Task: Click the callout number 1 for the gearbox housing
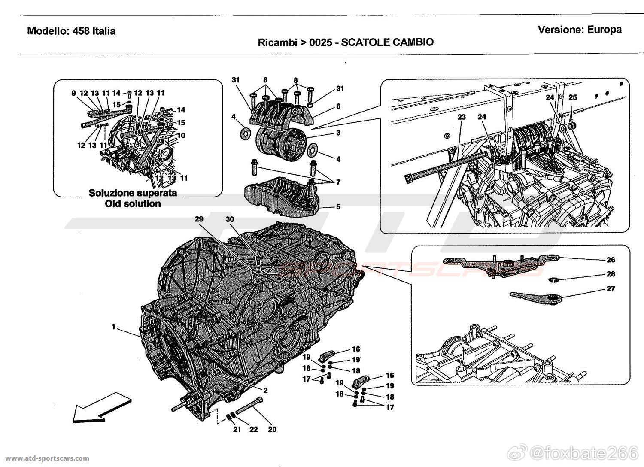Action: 114,327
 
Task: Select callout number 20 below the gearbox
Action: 273,429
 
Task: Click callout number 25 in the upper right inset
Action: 573,97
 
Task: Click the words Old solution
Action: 133,204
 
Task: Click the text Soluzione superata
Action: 133,193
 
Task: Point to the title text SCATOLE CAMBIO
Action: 387,42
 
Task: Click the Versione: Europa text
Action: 580,30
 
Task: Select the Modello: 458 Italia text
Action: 71,31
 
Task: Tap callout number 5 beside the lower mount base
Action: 338,207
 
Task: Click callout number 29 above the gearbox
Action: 199,219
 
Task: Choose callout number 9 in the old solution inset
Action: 73,93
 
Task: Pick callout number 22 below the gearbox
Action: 254,429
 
